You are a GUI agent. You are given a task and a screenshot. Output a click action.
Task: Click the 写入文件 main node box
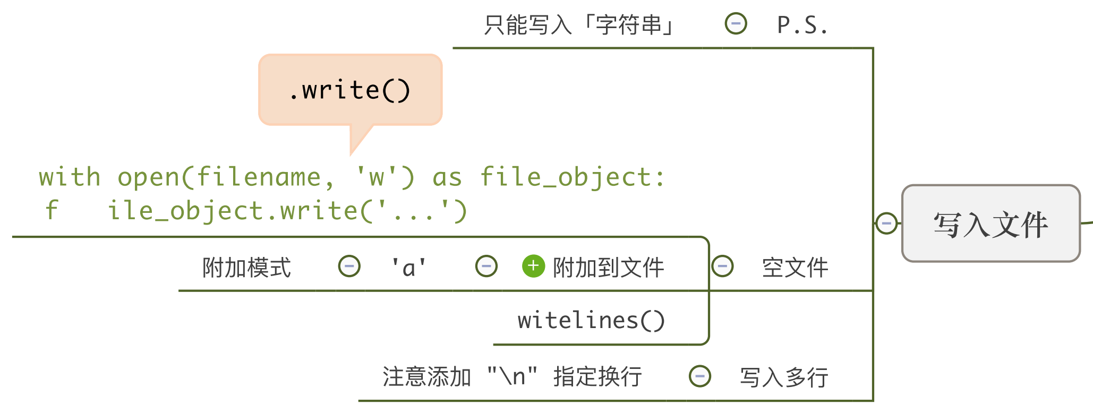click(x=990, y=223)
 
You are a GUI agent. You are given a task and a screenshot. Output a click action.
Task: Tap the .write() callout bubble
click(x=350, y=90)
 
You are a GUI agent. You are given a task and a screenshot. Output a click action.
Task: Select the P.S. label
click(x=802, y=25)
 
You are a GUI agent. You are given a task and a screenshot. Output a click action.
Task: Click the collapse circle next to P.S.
click(x=736, y=24)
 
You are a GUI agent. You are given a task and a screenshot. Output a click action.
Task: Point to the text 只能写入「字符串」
click(x=579, y=25)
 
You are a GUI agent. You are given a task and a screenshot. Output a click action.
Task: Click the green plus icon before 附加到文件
click(x=533, y=266)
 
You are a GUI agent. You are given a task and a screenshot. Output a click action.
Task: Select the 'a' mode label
click(x=408, y=267)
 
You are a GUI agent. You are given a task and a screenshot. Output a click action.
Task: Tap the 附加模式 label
click(x=247, y=268)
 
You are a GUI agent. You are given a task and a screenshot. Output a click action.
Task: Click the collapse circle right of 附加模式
click(x=349, y=266)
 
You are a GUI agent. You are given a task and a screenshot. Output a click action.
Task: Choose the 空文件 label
click(x=795, y=268)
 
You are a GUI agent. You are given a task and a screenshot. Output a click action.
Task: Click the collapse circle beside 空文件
click(x=722, y=266)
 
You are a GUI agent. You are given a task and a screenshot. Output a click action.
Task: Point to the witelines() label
click(x=591, y=321)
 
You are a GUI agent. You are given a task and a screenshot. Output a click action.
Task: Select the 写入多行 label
click(x=784, y=377)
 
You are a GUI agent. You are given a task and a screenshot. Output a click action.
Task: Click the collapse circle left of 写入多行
click(x=700, y=376)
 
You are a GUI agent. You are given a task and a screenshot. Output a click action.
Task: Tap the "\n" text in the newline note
click(x=512, y=376)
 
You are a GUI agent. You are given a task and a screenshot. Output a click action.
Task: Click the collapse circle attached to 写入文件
click(x=886, y=223)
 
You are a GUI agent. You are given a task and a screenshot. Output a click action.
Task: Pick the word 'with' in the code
click(x=70, y=177)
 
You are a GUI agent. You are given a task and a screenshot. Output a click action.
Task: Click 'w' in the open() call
click(x=377, y=177)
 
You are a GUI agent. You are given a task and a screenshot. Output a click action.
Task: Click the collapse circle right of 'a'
click(x=486, y=266)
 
